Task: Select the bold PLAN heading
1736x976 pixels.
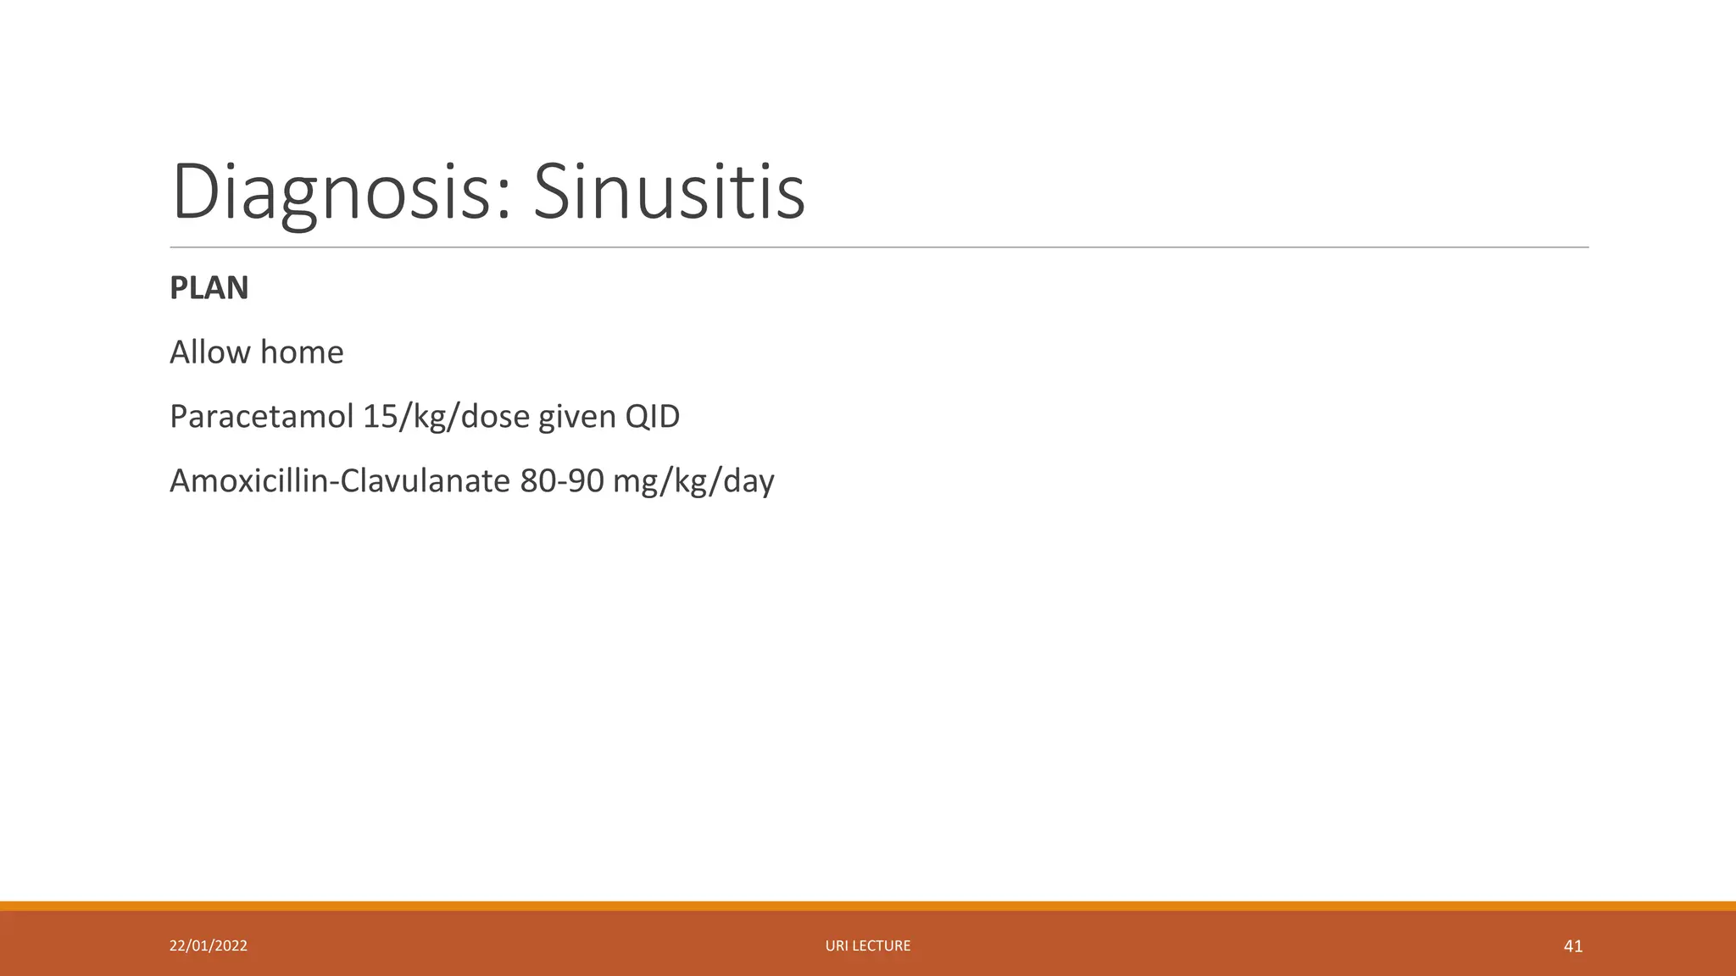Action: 209,288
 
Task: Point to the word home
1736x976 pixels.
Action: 303,352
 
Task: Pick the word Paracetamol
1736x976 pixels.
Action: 260,417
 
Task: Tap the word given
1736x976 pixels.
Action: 576,417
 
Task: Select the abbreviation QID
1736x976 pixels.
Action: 652,417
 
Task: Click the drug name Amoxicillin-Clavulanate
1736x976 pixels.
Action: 340,481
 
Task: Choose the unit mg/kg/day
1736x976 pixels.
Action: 693,481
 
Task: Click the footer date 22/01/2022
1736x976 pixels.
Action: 209,945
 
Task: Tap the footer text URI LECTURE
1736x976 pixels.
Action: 868,945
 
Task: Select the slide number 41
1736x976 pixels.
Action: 1572,946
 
